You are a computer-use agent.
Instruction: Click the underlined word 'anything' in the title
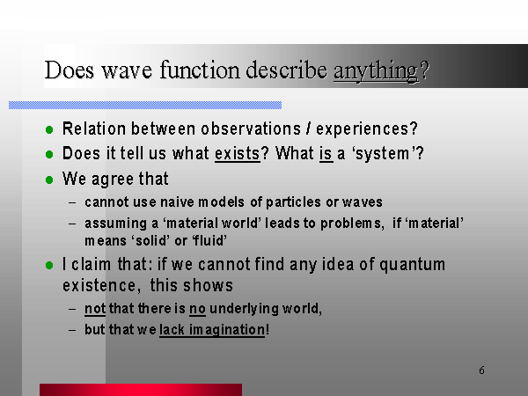click(376, 71)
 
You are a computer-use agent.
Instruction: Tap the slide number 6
click(482, 370)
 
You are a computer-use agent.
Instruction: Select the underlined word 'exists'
click(238, 154)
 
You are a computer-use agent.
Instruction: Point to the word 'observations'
click(251, 128)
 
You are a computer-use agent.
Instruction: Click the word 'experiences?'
click(367, 129)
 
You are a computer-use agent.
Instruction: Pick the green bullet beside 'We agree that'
click(49, 180)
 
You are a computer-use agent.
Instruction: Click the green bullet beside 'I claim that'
click(49, 266)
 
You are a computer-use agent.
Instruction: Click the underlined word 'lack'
click(172, 329)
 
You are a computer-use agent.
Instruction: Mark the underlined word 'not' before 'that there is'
click(95, 309)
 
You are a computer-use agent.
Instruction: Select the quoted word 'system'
click(385, 154)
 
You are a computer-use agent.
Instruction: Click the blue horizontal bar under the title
click(145, 105)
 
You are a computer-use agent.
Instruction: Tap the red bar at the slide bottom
click(141, 390)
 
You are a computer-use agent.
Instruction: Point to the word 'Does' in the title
click(69, 70)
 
